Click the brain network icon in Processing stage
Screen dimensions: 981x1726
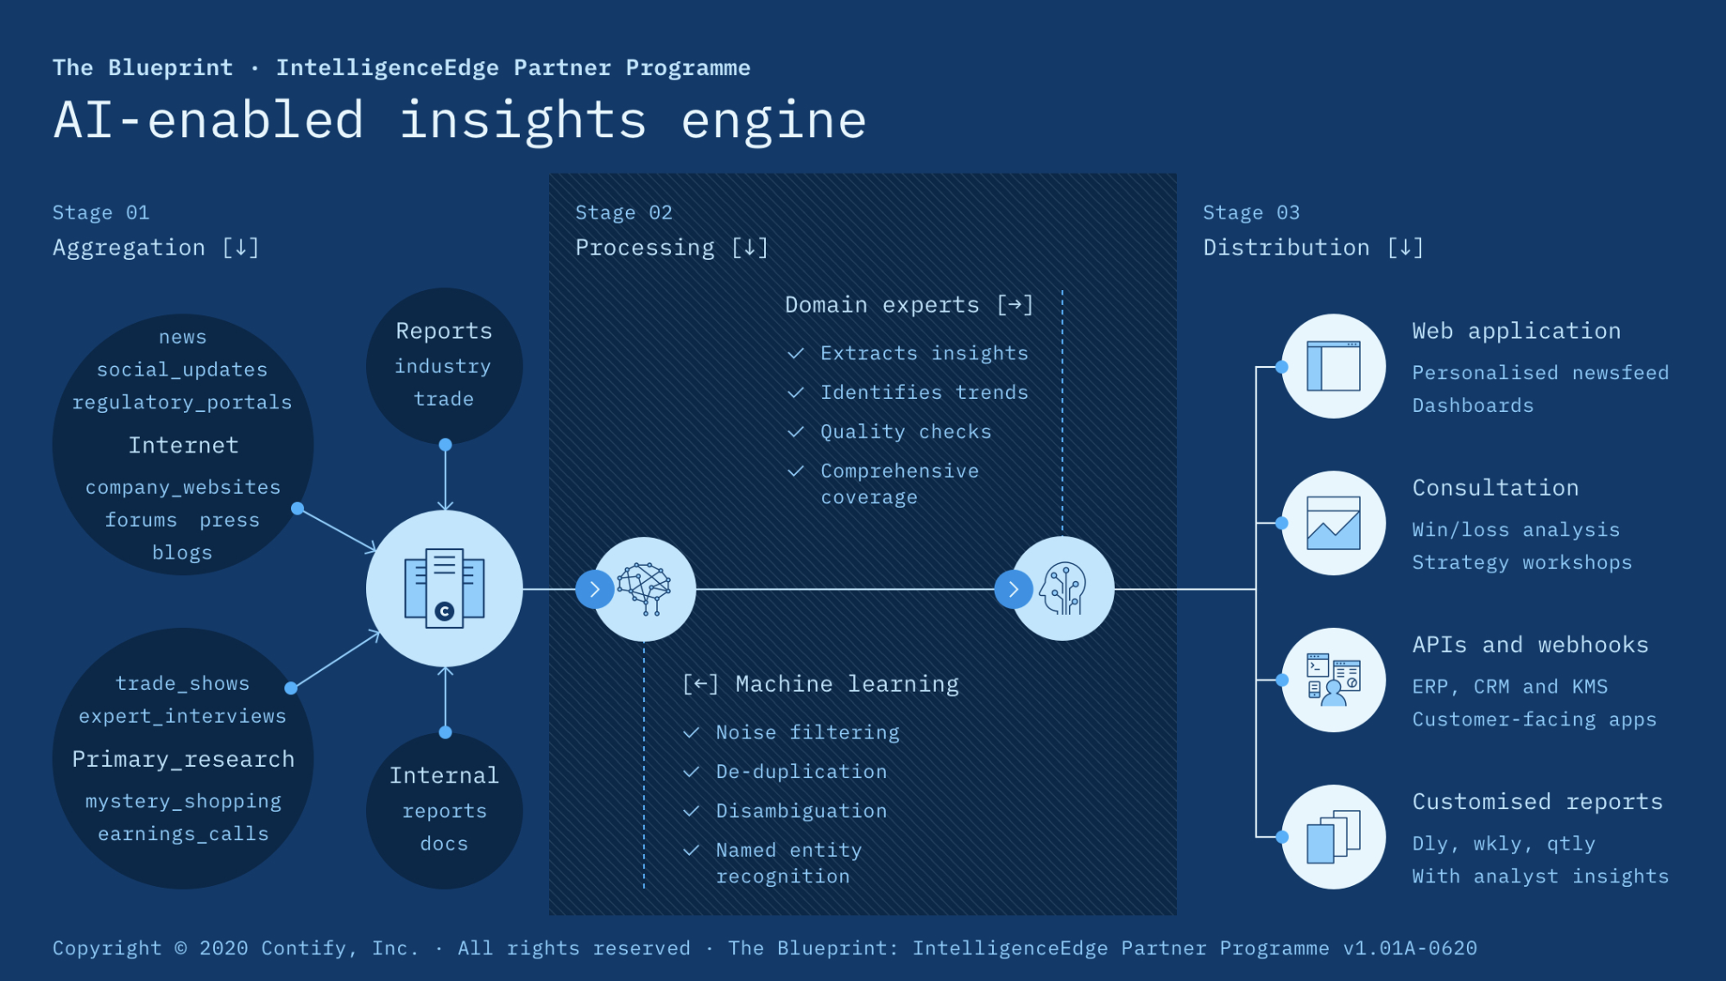pyautogui.click(x=644, y=589)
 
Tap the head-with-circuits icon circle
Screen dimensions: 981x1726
pyautogui.click(x=1063, y=589)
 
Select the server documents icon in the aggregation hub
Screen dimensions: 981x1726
pyautogui.click(x=445, y=589)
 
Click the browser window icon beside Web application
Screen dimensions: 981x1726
pyautogui.click(x=1333, y=366)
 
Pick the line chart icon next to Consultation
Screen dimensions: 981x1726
pyautogui.click(x=1333, y=523)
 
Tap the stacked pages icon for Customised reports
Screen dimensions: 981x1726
pyautogui.click(x=1333, y=837)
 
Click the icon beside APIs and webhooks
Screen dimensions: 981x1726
pyautogui.click(x=1333, y=680)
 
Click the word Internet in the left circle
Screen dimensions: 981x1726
pyautogui.click(x=183, y=446)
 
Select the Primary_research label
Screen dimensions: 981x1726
pyautogui.click(x=183, y=759)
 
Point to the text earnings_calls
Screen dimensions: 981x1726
pyautogui.click(x=183, y=834)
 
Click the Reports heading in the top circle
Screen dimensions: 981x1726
pyautogui.click(x=444, y=331)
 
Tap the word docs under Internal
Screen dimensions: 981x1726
pyautogui.click(x=444, y=844)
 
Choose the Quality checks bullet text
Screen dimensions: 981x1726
pyautogui.click(x=905, y=432)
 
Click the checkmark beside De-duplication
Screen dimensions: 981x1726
pyautogui.click(x=691, y=772)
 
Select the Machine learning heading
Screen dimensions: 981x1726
pyautogui.click(x=846, y=684)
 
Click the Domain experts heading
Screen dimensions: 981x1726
pyautogui.click(x=882, y=305)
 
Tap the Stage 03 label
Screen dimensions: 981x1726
pyautogui.click(x=1250, y=212)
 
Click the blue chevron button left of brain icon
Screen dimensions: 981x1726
pyautogui.click(x=594, y=590)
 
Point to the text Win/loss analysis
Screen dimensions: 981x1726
pyautogui.click(x=1515, y=530)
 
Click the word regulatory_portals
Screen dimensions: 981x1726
pyautogui.click(x=182, y=402)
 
